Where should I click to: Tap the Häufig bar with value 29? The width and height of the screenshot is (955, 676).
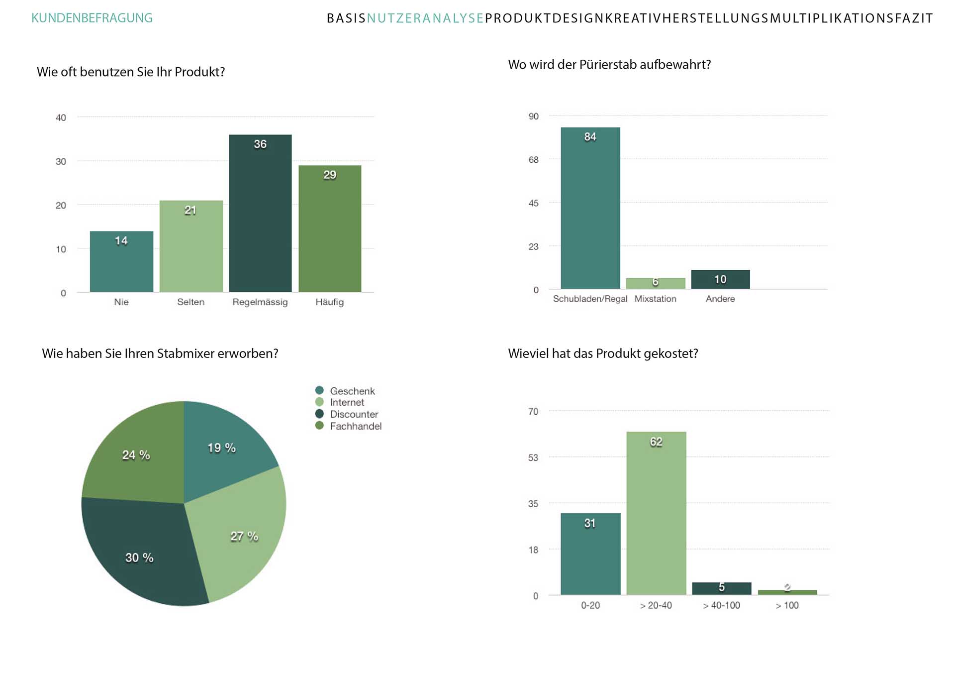(x=330, y=228)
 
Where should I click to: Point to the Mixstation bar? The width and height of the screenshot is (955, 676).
(x=655, y=283)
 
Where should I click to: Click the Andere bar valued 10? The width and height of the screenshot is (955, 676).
(x=720, y=279)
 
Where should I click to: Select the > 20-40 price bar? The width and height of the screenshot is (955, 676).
(x=656, y=513)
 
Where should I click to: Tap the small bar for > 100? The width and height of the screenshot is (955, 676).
(x=787, y=592)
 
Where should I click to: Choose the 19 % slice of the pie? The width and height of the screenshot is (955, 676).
(x=224, y=448)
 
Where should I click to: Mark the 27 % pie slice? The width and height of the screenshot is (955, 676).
(x=239, y=533)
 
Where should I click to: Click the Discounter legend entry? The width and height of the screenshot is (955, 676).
(x=354, y=414)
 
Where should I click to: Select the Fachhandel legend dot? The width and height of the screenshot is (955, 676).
(x=319, y=426)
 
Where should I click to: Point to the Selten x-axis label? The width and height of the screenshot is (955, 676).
(x=191, y=302)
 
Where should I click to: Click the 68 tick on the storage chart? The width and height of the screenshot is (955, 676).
(x=533, y=160)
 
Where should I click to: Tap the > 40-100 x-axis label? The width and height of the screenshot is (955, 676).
(x=721, y=605)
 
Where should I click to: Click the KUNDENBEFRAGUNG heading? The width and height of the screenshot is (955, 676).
(x=92, y=18)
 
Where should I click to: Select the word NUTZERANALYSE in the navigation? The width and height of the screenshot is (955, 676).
(x=425, y=18)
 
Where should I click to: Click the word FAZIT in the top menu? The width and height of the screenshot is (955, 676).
(x=914, y=18)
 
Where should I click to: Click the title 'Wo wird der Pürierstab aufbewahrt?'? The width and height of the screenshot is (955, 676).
(x=609, y=65)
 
